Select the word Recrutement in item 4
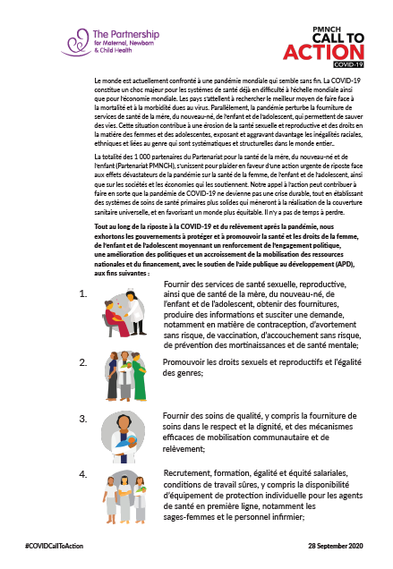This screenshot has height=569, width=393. (189, 472)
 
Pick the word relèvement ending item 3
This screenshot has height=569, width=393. (184, 448)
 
